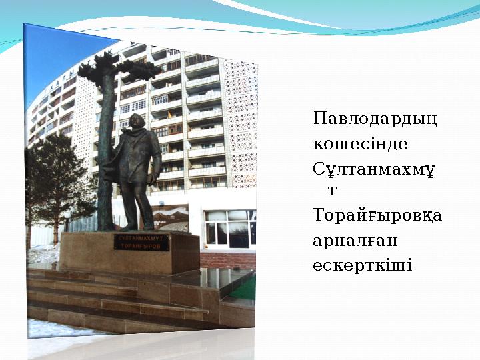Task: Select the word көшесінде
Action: coord(351,144)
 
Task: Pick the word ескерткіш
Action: coord(362,265)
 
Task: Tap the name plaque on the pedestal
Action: coord(142,242)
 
